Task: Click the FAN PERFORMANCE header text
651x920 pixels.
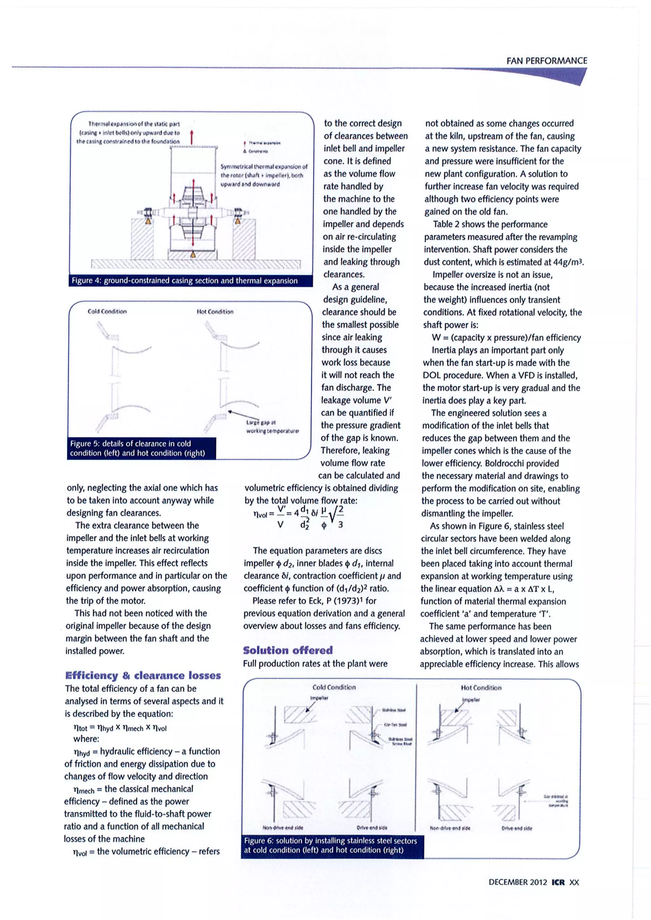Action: [546, 61]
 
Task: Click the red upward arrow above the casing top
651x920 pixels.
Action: [192, 136]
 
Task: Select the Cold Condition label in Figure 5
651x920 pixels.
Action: [107, 311]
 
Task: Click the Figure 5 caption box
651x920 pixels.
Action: [141, 448]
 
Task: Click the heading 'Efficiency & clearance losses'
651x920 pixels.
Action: [143, 676]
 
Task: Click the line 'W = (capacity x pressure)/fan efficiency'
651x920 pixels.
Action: [506, 337]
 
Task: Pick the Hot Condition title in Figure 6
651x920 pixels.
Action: [481, 688]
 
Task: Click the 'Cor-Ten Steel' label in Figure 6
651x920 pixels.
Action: [395, 724]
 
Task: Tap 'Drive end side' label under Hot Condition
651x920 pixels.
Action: [517, 828]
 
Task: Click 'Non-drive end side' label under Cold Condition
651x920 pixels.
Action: [283, 827]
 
